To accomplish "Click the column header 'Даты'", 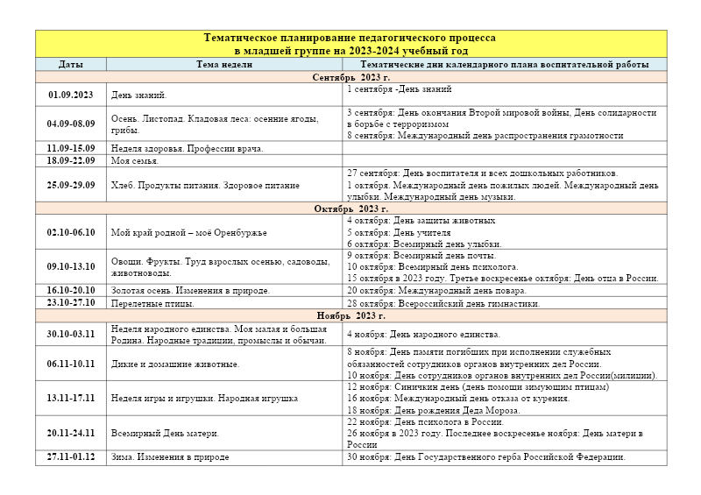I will [71, 65].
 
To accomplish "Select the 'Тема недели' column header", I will [224, 65].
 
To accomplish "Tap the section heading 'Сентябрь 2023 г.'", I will [350, 77].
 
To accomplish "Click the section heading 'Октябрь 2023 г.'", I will [350, 209].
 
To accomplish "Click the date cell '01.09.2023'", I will [71, 95].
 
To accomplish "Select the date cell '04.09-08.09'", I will [71, 124].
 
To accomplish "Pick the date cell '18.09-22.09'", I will [71, 161].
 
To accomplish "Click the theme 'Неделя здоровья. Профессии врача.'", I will [187, 149].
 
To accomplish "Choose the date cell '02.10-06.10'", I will [71, 232].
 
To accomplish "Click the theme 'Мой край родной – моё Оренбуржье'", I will [188, 232].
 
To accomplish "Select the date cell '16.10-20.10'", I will [71, 290].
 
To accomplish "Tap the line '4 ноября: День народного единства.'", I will [423, 334].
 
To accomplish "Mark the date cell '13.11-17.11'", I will [71, 398].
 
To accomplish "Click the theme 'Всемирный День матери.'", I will [165, 433].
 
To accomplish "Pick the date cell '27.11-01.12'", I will [71, 456].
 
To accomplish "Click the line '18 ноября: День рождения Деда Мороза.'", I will [433, 409].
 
